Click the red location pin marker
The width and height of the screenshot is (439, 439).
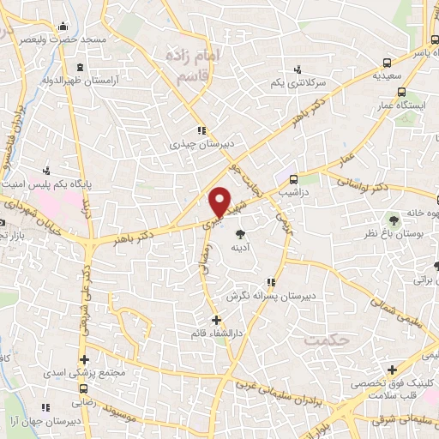coord(221,201)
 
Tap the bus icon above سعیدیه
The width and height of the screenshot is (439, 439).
coord(388,63)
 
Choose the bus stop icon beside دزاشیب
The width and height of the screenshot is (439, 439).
coord(294,180)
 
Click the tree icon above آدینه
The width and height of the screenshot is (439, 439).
coord(241,232)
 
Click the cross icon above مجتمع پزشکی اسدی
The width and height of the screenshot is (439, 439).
coord(84,360)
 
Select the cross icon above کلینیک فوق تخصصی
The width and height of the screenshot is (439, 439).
coord(392,370)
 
